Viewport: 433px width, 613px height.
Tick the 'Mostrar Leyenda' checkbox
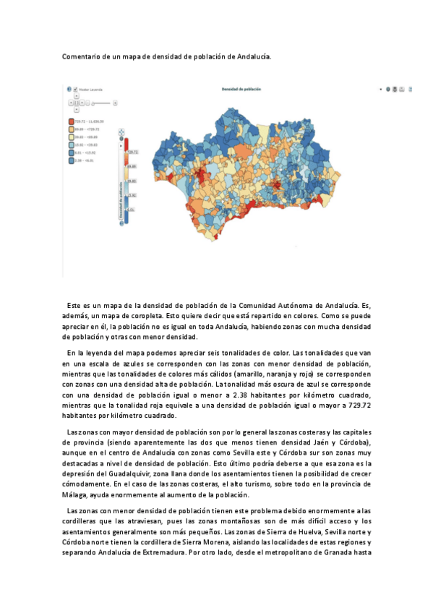(x=75, y=90)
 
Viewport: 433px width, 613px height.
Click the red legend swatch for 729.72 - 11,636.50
(x=70, y=121)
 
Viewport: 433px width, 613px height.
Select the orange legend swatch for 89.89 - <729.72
(x=70, y=129)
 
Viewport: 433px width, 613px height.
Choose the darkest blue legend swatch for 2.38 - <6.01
(x=70, y=160)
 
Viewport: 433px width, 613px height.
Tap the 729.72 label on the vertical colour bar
(x=132, y=153)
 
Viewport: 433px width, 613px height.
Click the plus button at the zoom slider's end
(x=115, y=103)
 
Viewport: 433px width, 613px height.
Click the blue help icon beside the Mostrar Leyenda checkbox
(x=69, y=90)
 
